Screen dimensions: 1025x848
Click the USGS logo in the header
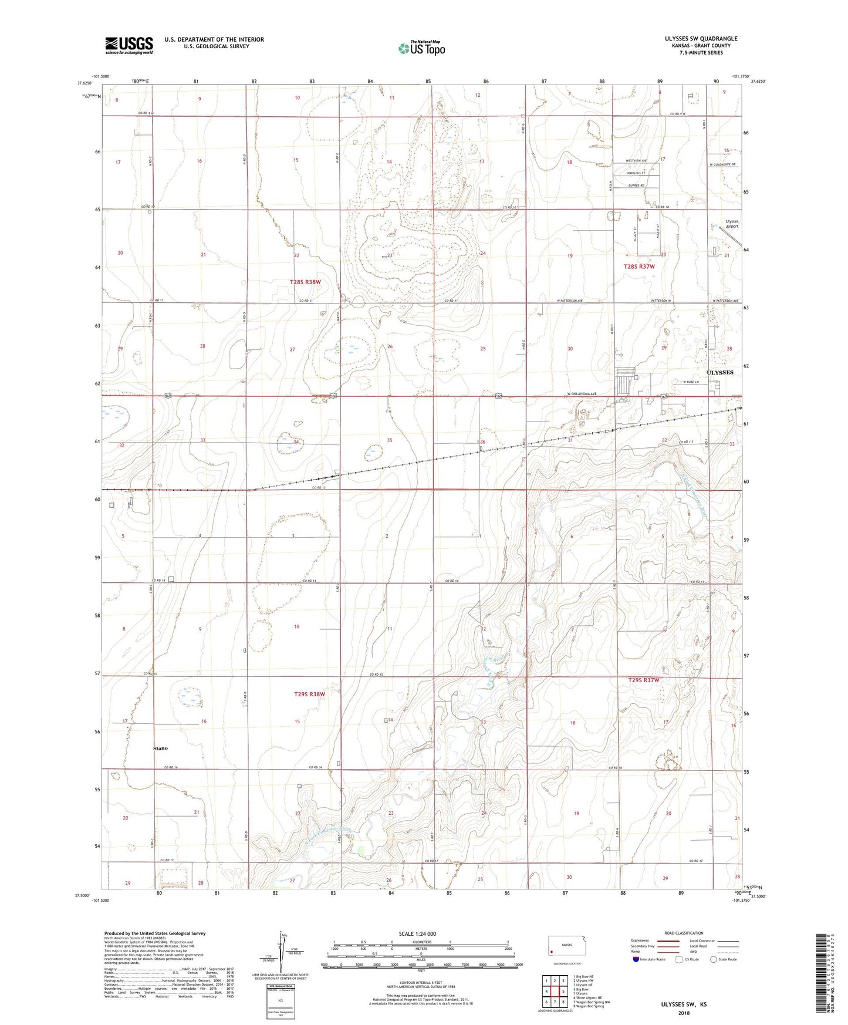point(129,45)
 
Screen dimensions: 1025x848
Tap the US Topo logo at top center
point(421,48)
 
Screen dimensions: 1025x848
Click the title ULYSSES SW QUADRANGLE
point(701,39)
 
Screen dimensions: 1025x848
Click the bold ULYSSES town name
point(719,372)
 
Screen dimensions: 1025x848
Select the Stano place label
point(160,748)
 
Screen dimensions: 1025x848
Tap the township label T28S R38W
point(306,282)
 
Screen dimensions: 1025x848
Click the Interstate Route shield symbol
point(636,959)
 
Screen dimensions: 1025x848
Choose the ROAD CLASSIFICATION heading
point(684,933)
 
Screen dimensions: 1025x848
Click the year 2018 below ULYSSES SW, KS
point(684,1013)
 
